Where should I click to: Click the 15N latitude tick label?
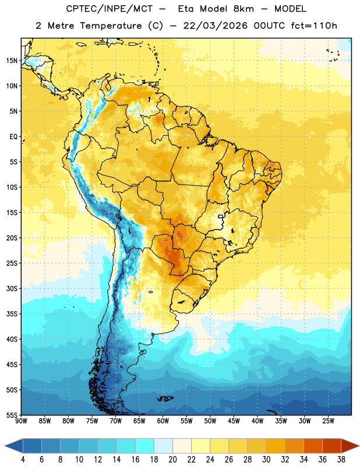pos(12,61)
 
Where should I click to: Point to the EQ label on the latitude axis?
pos(13,137)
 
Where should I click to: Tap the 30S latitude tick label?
pos(12,288)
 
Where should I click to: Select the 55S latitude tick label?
pos(12,415)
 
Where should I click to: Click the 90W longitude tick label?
pos(21,421)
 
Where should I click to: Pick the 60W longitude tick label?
pos(163,421)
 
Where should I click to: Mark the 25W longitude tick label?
pos(328,421)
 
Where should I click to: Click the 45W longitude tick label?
pos(234,421)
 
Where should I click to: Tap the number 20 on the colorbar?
pos(172,460)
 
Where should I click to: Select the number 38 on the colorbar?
pos(341,460)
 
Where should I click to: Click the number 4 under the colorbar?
pos(23,460)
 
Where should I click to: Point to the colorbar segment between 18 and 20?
pos(163,446)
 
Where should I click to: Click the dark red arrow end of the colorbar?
pos(350,446)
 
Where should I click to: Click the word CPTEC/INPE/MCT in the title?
pos(110,9)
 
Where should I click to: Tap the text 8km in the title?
pos(243,9)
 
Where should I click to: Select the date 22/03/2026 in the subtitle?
pos(215,26)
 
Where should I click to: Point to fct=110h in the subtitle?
pos(314,26)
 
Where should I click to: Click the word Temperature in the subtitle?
pos(111,26)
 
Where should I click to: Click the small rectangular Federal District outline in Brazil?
pos(221,216)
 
